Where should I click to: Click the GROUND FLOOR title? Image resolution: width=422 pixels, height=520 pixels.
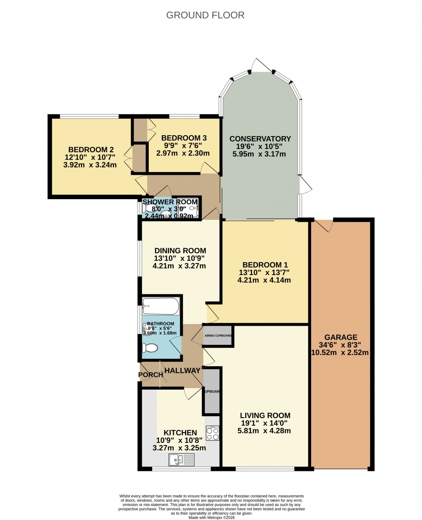point(205,15)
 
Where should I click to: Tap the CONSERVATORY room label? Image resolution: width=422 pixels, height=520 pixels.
point(260,139)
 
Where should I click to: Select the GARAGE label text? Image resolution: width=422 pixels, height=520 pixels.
point(340,337)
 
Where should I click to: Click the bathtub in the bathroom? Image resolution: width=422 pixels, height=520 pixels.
point(161,306)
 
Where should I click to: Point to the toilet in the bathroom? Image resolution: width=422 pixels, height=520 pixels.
point(150,348)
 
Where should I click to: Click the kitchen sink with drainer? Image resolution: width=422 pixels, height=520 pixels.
point(182,459)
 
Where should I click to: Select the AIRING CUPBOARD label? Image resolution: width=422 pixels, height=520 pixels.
point(218,336)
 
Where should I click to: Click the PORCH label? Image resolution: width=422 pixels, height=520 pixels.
point(151,375)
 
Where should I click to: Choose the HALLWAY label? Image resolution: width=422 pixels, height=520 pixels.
point(182,371)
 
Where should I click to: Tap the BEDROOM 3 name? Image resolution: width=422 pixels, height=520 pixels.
point(184,138)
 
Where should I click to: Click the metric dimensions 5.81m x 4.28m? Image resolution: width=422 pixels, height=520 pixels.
point(264,431)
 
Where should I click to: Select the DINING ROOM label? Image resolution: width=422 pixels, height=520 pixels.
point(180,251)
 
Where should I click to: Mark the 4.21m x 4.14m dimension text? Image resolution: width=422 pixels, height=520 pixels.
point(264,280)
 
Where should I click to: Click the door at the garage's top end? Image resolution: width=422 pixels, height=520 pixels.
point(325,225)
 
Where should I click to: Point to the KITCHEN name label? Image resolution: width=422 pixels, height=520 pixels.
point(180,433)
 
